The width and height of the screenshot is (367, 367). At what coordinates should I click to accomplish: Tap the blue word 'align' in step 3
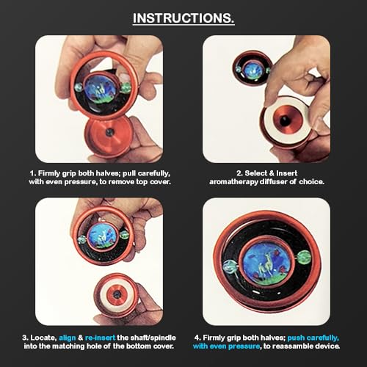click(68, 338)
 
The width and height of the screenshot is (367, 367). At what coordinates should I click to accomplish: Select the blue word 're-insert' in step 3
click(100, 338)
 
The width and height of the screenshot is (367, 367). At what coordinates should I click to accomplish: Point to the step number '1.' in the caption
click(33, 173)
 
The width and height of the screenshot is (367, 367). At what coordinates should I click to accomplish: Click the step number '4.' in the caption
click(197, 338)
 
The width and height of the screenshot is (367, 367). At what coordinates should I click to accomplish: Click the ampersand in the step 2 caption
click(271, 173)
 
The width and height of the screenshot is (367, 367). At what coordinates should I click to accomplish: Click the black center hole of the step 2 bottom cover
click(284, 120)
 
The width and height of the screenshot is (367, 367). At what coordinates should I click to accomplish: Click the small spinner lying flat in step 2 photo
click(251, 69)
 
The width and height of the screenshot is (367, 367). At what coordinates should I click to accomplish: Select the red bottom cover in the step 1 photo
click(109, 137)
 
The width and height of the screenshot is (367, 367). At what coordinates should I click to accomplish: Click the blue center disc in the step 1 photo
click(101, 90)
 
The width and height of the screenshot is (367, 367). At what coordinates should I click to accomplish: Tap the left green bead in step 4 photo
click(230, 266)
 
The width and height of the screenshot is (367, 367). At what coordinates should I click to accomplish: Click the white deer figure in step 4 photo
click(264, 266)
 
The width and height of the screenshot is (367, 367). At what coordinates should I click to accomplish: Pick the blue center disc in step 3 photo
click(101, 236)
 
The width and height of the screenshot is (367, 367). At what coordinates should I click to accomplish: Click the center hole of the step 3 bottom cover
click(117, 294)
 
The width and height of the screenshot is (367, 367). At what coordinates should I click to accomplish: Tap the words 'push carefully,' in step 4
click(313, 338)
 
